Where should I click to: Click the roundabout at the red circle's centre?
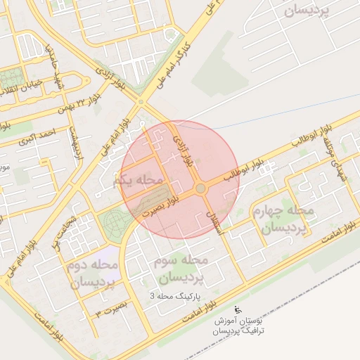[x=201, y=188]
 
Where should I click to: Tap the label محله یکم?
[x=138, y=181]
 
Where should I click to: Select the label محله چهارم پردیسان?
[x=279, y=219]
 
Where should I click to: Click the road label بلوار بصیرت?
[x=158, y=205]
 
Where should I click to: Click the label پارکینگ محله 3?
[x=175, y=297]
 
